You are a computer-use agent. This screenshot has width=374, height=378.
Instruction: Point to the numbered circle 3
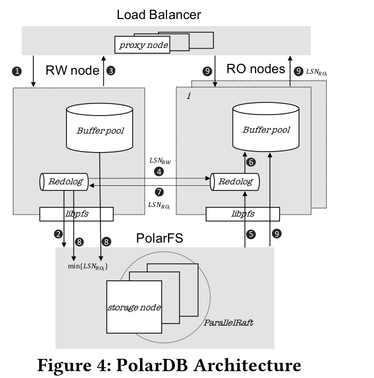[111, 70]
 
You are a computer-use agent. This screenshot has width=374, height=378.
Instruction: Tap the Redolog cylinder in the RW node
[64, 181]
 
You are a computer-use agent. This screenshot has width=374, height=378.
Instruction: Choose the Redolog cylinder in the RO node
[235, 182]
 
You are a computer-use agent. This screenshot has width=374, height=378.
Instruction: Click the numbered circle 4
[158, 172]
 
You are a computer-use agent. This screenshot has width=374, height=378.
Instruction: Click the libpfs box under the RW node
[77, 214]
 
